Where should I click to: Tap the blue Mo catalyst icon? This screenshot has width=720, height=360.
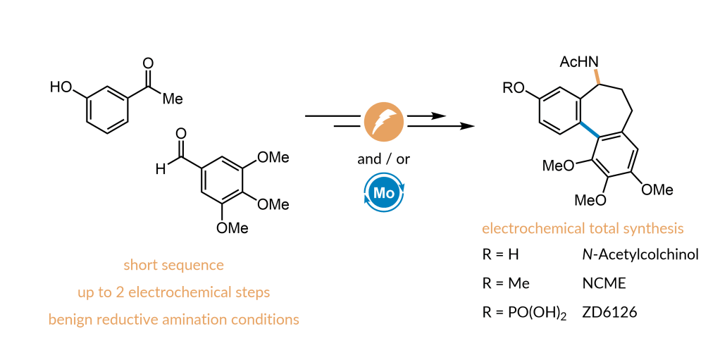pyautogui.click(x=384, y=193)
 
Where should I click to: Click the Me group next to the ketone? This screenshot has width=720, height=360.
pyautogui.click(x=173, y=99)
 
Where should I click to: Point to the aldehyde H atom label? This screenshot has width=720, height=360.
pyautogui.click(x=160, y=170)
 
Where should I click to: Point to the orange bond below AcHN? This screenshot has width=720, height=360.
pyautogui.click(x=597, y=76)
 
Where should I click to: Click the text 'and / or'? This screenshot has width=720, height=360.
pyautogui.click(x=384, y=159)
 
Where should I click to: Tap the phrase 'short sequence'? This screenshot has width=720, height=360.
pyautogui.click(x=173, y=265)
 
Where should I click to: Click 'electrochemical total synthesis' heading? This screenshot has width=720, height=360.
pyautogui.click(x=583, y=228)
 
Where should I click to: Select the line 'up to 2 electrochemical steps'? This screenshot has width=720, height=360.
pyautogui.click(x=173, y=292)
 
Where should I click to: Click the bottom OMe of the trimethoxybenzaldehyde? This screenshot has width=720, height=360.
pyautogui.click(x=232, y=228)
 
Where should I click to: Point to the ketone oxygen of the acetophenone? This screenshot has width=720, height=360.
pyautogui.click(x=148, y=64)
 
